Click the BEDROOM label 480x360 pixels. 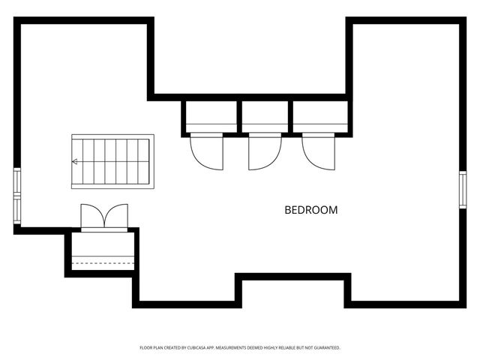311,210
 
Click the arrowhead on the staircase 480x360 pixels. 74,162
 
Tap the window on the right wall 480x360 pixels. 463,190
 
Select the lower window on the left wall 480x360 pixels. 17,210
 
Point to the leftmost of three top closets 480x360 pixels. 211,116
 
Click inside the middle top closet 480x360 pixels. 265,116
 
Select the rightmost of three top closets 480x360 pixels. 320,116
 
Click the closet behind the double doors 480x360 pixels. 103,251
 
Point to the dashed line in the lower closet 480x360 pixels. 103,263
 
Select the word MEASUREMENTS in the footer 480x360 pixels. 231,348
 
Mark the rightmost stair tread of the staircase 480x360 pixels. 143,162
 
